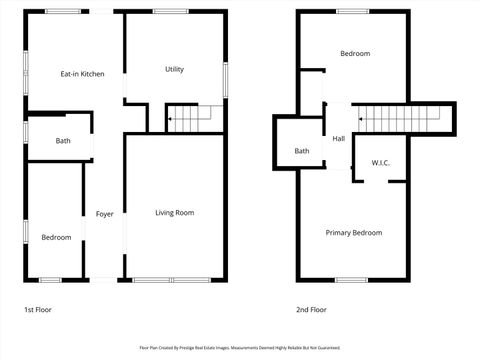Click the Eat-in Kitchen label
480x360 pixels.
point(83,74)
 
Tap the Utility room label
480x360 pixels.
point(174,69)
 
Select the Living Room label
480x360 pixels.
point(174,212)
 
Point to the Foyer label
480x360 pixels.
point(104,214)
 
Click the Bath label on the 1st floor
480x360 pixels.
point(63,141)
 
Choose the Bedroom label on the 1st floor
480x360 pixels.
point(56,237)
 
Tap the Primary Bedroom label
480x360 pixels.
point(354,232)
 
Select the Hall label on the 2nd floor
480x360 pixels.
point(339,139)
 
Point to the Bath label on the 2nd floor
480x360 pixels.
point(301,151)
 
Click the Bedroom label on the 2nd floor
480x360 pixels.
point(354,53)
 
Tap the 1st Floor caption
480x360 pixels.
point(38,310)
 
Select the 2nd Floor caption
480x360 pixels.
point(311,310)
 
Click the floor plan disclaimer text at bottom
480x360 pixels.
point(239,347)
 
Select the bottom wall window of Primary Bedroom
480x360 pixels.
point(353,279)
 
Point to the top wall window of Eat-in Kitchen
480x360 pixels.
point(60,11)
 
